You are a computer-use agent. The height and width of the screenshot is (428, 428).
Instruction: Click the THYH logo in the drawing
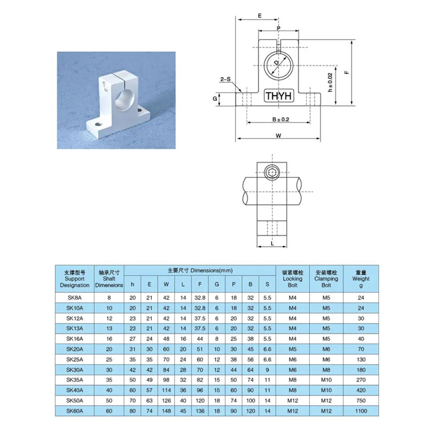click(x=279, y=96)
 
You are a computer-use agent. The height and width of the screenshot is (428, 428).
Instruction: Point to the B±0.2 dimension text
click(x=280, y=119)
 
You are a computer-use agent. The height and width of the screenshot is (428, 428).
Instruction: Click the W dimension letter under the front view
click(x=279, y=136)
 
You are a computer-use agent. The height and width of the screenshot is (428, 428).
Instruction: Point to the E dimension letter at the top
click(x=259, y=17)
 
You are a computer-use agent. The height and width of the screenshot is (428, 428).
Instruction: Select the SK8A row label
click(x=74, y=298)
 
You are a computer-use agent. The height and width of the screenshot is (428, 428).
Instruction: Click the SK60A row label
click(x=74, y=410)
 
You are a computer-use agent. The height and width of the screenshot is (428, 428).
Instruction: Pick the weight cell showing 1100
click(x=361, y=410)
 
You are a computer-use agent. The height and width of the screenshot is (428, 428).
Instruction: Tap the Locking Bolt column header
click(x=292, y=279)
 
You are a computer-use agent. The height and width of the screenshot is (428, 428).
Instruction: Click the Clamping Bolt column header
click(x=326, y=279)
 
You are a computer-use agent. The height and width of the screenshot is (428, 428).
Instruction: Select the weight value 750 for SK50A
click(x=361, y=400)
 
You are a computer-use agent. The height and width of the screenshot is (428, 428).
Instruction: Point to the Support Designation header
click(x=74, y=279)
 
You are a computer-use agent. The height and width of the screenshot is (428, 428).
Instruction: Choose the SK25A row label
click(x=74, y=360)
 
